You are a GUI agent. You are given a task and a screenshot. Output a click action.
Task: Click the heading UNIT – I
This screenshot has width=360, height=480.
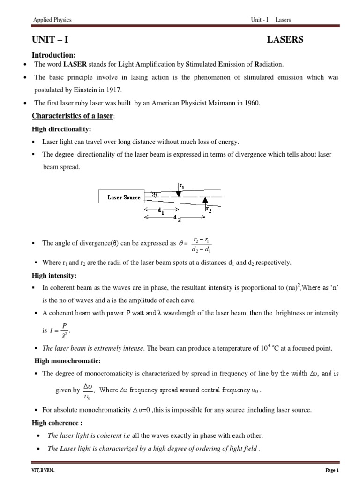click(52, 40)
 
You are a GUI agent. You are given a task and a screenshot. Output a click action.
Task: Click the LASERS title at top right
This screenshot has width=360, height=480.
click(285, 40)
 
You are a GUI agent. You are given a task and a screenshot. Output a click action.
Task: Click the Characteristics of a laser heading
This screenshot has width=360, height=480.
click(72, 116)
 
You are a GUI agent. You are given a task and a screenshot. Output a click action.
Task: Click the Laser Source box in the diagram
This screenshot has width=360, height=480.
click(124, 197)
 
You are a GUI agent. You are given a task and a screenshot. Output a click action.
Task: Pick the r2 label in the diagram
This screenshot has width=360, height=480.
click(209, 210)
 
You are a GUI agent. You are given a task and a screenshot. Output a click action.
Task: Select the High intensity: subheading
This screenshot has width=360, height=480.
click(54, 275)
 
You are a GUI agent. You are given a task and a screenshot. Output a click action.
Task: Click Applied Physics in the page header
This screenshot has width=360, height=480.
click(52, 20)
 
